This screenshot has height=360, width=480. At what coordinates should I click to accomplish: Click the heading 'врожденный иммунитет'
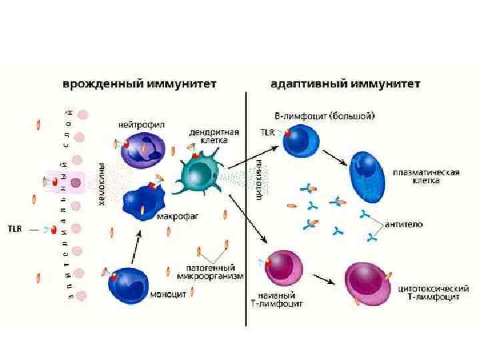tap(140, 85)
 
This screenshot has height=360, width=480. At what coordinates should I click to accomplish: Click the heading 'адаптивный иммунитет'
tap(345, 85)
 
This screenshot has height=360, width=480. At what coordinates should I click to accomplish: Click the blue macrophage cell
tap(142, 198)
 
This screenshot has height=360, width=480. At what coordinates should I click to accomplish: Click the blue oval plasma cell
tap(370, 176)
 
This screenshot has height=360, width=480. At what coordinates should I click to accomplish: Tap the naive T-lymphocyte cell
tap(283, 269)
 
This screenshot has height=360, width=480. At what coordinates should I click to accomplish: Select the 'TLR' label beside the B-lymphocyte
tap(267, 132)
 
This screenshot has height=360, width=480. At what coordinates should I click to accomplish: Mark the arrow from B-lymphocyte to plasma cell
tap(335, 159)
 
